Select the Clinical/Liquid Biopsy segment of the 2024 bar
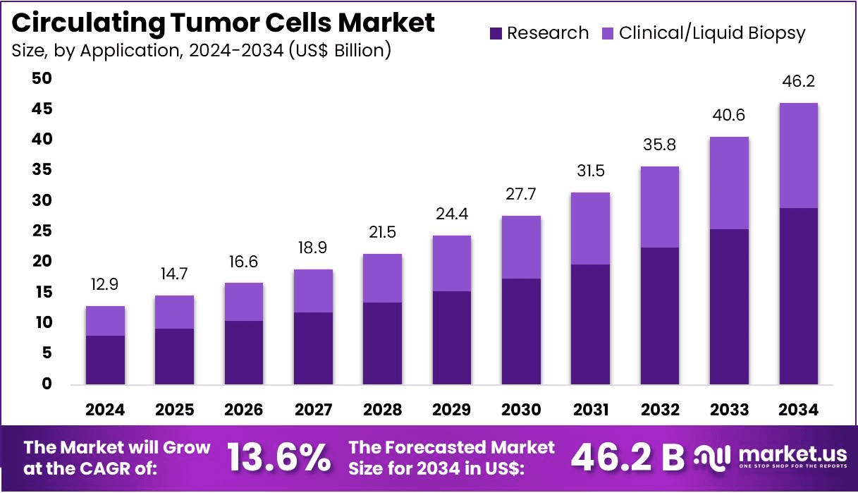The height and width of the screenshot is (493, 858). click(105, 321)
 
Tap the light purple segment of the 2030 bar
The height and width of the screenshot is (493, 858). click(521, 247)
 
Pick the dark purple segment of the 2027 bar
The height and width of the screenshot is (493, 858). click(313, 348)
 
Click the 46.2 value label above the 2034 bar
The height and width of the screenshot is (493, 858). click(798, 82)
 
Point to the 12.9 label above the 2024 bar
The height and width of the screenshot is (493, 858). click(105, 285)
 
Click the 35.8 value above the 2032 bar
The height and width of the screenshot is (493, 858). click(660, 145)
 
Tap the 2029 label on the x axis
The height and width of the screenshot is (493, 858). click(451, 410)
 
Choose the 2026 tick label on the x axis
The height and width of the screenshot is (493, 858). click(244, 410)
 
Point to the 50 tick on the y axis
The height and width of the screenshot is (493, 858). click(42, 78)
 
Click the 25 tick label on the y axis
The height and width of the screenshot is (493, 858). click(42, 231)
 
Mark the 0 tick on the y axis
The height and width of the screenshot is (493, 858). click(46, 384)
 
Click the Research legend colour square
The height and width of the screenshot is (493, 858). click(496, 33)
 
